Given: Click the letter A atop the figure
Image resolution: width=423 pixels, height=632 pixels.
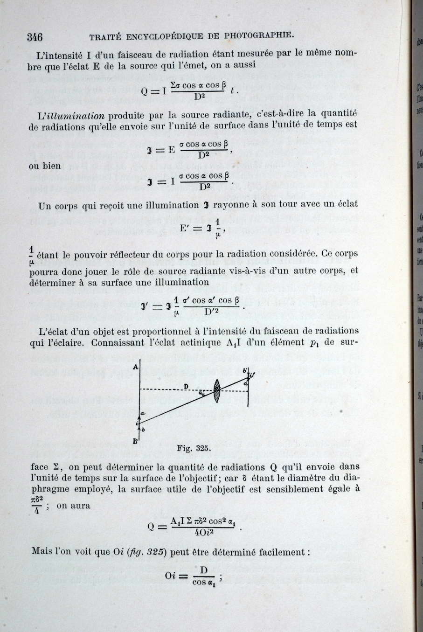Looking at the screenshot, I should coord(135,367).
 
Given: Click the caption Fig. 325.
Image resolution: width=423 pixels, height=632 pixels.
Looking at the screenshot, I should coord(191,449).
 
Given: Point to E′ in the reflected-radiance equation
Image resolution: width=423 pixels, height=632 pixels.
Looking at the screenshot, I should coord(186,228).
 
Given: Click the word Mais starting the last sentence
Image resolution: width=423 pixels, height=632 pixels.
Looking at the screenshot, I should coord(42,551).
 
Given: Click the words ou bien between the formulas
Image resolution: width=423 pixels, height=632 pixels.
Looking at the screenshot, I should coord(44,166).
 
